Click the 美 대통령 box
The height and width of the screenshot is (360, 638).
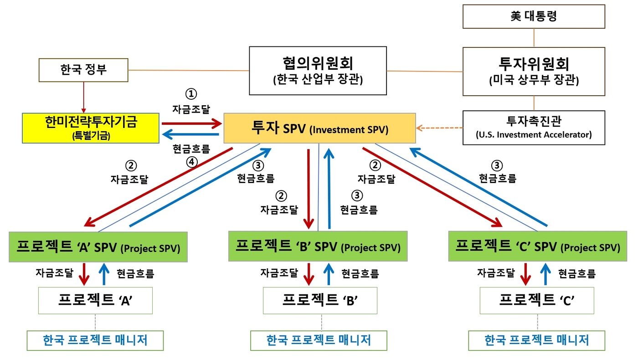[x=534, y=17]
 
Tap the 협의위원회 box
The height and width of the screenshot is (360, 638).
[x=318, y=70]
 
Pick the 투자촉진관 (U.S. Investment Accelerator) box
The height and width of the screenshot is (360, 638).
[x=534, y=128]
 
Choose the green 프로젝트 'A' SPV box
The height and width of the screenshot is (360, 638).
[x=98, y=247]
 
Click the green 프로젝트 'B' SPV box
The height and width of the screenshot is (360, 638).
[x=318, y=247]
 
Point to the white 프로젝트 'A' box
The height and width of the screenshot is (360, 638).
[x=95, y=300]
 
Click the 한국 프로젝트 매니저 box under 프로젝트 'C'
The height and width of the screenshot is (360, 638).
[x=536, y=340]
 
